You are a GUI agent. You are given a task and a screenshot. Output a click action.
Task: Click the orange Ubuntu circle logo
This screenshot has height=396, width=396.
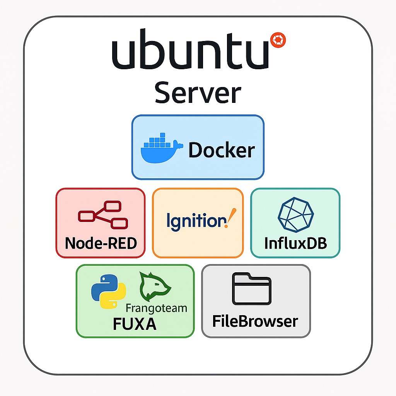pyautogui.click(x=278, y=40)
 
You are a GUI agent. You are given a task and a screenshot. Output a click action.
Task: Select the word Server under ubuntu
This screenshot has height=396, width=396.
pyautogui.click(x=198, y=93)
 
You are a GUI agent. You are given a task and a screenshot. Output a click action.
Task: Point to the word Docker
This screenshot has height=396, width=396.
pyautogui.click(x=221, y=150)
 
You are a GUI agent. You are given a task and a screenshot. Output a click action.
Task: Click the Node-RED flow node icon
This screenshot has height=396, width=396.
pyautogui.click(x=102, y=215)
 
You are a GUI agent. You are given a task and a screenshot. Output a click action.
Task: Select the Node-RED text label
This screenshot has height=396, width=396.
pyautogui.click(x=101, y=243)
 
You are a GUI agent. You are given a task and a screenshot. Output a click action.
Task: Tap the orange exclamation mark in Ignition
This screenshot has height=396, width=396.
pyautogui.click(x=232, y=217)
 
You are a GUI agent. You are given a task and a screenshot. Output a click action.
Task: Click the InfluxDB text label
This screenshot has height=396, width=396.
pyautogui.click(x=295, y=243)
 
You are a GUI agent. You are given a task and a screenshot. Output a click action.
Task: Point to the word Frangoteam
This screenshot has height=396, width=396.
pyautogui.click(x=156, y=308)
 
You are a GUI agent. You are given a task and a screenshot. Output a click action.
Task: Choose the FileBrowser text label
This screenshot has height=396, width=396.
pyautogui.click(x=255, y=321)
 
